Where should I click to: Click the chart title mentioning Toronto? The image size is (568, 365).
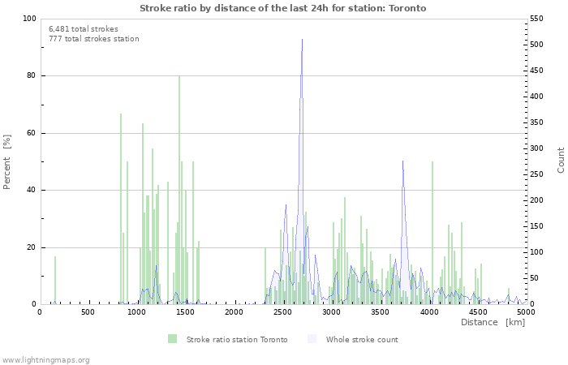point(282,8)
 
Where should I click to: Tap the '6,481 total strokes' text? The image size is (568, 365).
point(84,28)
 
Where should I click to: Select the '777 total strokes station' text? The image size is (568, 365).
point(93,39)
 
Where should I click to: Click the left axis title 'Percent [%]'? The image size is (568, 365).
point(7,161)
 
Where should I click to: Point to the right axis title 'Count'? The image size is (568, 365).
point(561,160)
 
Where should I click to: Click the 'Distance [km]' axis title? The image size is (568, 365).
point(493,323)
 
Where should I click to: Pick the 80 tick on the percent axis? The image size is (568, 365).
point(31,76)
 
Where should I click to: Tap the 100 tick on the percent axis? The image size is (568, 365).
point(28,19)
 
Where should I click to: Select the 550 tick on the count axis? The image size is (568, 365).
point(540,19)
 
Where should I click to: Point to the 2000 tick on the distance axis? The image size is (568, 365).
point(234,311)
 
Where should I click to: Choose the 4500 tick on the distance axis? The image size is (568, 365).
point(477,311)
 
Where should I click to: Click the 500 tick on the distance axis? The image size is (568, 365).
point(88,311)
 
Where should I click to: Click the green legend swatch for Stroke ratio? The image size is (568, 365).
point(172,339)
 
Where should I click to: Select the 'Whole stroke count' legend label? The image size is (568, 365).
point(362,339)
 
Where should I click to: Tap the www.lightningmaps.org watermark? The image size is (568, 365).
point(45,359)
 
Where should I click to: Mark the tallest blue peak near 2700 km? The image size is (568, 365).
point(302,41)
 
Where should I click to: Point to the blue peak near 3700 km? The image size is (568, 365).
point(402,162)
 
